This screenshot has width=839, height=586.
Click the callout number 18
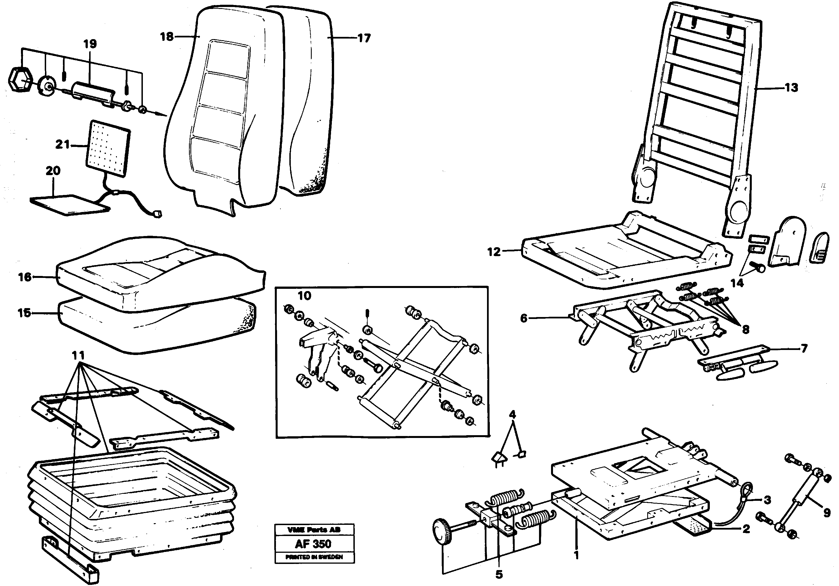167,37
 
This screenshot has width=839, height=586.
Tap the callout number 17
364,38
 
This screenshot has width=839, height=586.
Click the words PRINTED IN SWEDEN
314,557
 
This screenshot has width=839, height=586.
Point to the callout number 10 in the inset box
304,296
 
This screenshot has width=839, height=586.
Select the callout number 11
78,355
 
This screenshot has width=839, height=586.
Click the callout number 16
25,277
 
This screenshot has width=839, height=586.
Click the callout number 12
494,252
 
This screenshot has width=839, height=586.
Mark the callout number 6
524,318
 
